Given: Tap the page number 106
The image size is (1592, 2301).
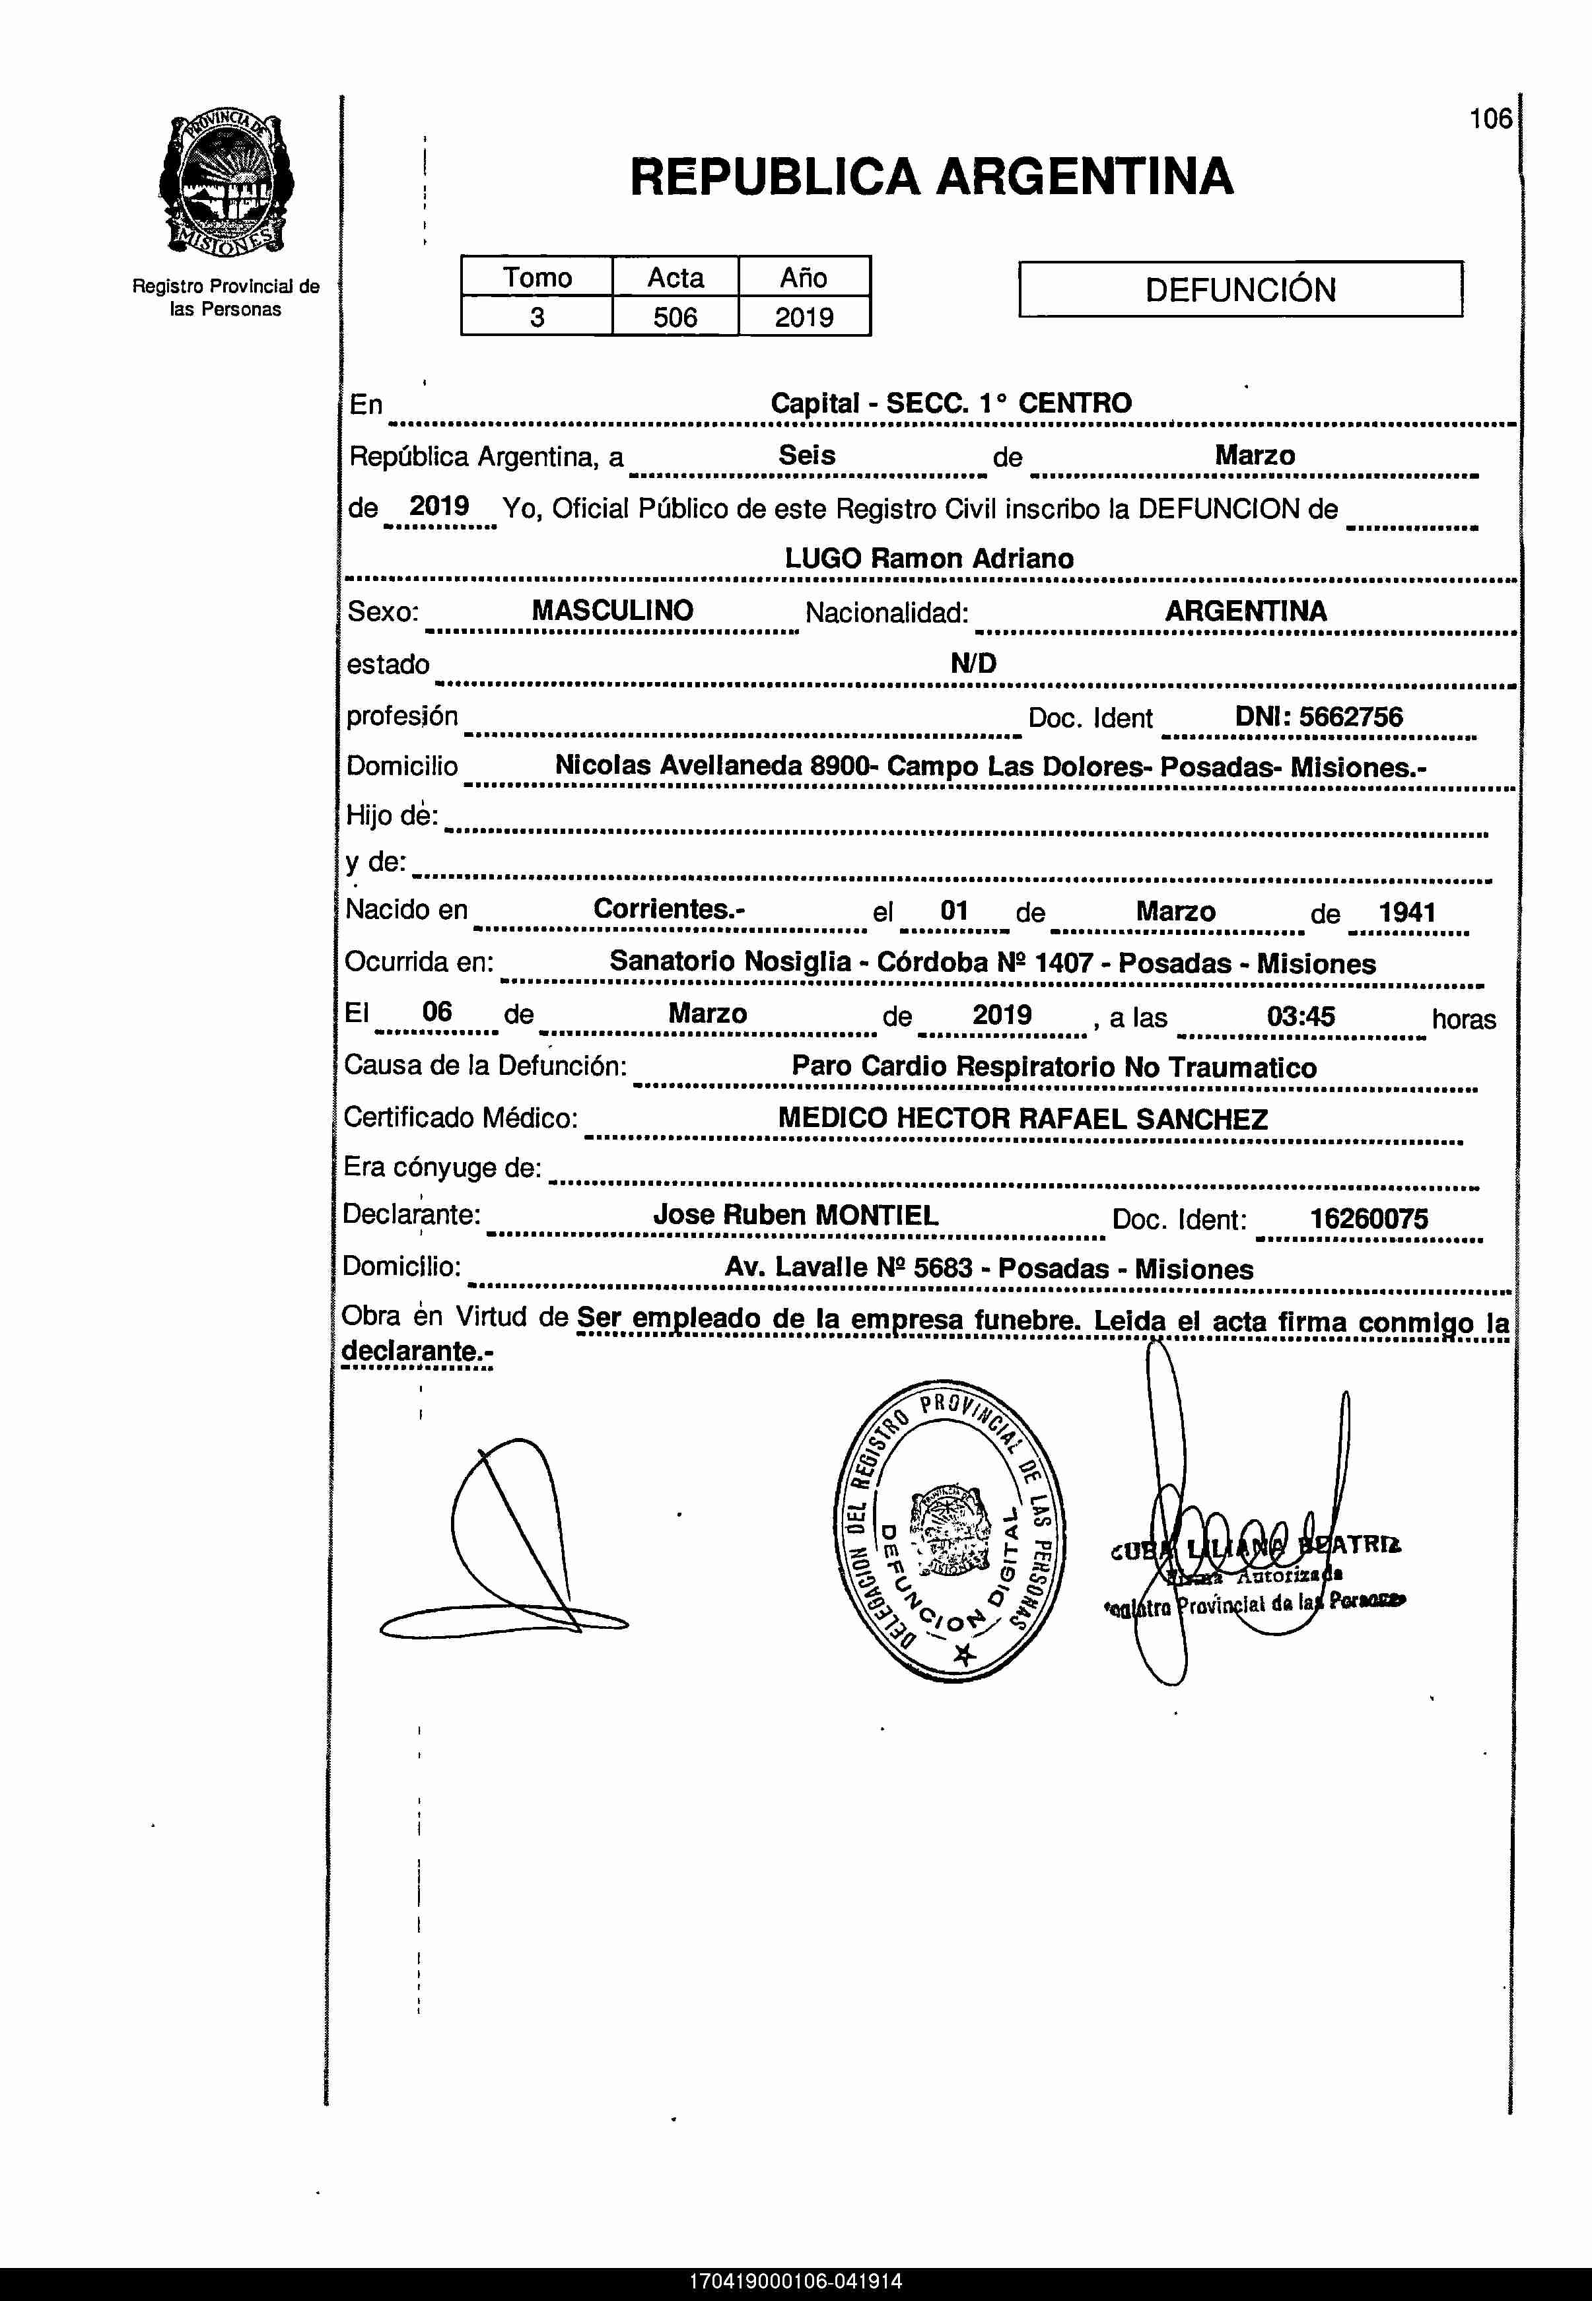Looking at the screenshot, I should [1490, 119].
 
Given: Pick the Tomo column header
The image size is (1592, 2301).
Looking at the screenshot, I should [537, 277].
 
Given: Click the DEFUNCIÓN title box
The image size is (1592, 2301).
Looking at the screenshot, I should [1240, 289].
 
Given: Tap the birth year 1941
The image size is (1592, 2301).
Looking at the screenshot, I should [1406, 912].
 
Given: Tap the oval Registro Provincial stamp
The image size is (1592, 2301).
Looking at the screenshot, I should [950, 1531].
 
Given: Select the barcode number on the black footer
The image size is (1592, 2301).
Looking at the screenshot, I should [795, 2280].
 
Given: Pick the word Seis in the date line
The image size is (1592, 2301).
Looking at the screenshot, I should [806, 455].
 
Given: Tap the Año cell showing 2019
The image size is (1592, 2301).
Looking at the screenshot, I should [804, 317].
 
